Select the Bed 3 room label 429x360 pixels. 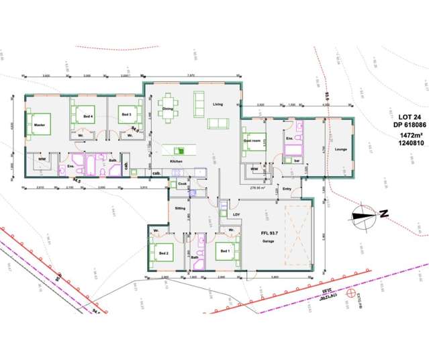(126, 115)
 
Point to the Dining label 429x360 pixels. (168, 108)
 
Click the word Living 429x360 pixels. (218, 104)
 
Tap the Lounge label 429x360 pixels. (340, 149)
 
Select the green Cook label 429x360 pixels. (181, 183)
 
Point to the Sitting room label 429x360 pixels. (179, 209)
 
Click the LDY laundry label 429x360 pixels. (236, 215)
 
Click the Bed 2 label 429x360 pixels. (161, 253)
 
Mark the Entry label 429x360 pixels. (287, 189)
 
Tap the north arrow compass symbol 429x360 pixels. (363, 215)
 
